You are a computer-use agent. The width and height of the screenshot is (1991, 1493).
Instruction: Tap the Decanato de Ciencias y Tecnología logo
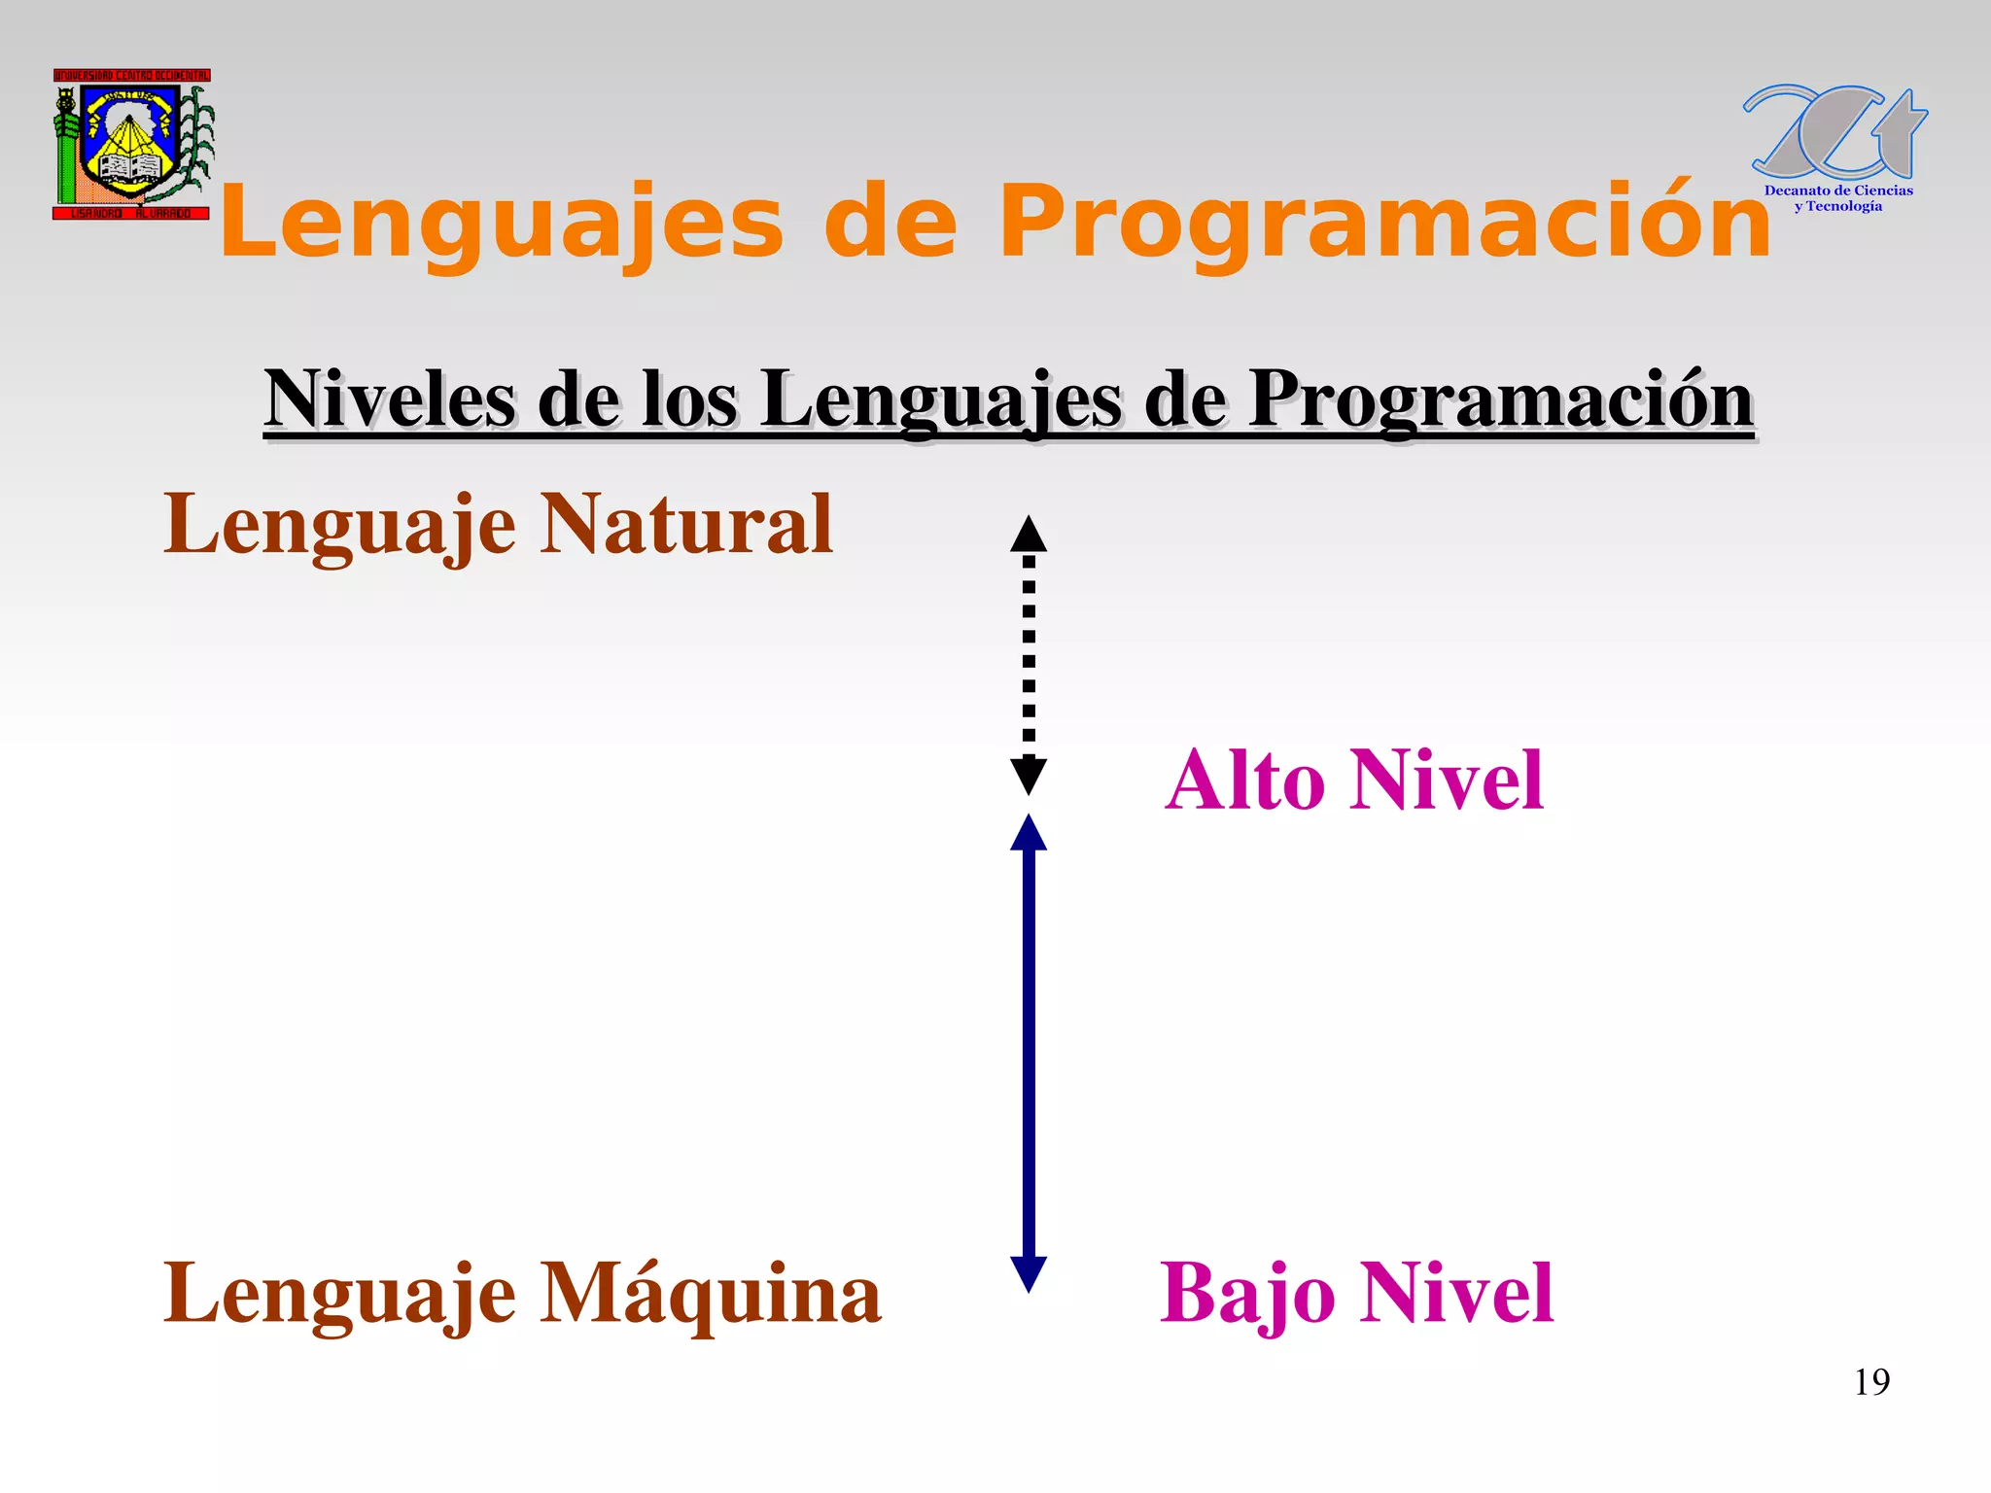[1835, 146]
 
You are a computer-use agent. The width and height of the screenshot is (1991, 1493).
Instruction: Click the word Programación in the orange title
[1385, 224]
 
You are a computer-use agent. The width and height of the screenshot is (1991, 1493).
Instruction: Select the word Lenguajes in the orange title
[501, 224]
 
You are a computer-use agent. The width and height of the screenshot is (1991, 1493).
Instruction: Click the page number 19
[1871, 1382]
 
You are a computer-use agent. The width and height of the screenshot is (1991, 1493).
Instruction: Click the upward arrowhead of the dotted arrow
[1029, 535]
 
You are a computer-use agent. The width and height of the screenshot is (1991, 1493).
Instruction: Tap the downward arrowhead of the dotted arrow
[1029, 776]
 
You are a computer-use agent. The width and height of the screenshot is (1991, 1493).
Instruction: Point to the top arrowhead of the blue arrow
[1029, 834]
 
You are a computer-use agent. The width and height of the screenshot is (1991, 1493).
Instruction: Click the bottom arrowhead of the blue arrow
[1029, 1273]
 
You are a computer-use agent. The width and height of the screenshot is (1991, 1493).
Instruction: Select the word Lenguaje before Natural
[339, 525]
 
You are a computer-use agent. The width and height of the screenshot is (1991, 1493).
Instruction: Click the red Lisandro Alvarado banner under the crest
[131, 213]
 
